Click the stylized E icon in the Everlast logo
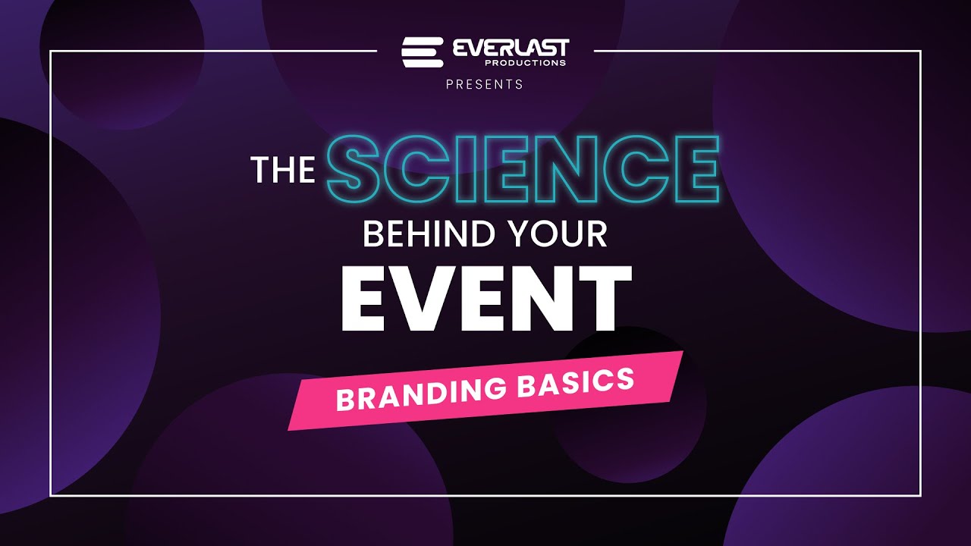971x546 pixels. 422,52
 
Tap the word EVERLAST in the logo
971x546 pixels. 510,49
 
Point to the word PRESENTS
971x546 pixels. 485,84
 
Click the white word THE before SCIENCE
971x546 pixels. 283,171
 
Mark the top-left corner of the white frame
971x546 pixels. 51,52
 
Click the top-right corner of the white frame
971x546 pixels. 920,52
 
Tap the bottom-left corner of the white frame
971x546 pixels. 51,496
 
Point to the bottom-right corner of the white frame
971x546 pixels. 920,496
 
